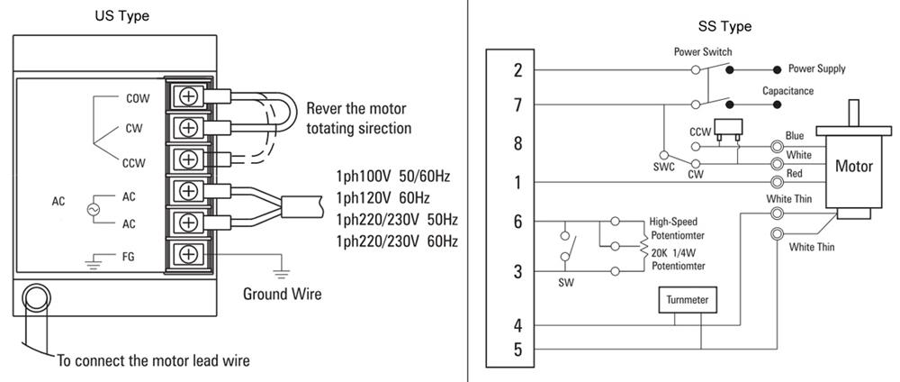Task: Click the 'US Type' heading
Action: point(122,16)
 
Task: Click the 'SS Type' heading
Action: point(724,27)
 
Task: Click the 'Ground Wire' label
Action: point(282,294)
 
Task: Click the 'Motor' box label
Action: point(854,166)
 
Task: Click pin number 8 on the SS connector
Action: point(517,143)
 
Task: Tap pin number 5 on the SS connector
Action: point(517,350)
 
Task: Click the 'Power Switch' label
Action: point(703,52)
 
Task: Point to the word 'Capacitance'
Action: point(787,91)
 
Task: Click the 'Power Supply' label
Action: point(816,68)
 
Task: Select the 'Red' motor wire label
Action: point(795,173)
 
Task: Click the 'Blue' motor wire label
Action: point(795,135)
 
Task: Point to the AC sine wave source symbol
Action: point(90,208)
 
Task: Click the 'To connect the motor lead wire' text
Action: point(153,361)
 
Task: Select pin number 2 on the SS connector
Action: point(517,70)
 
